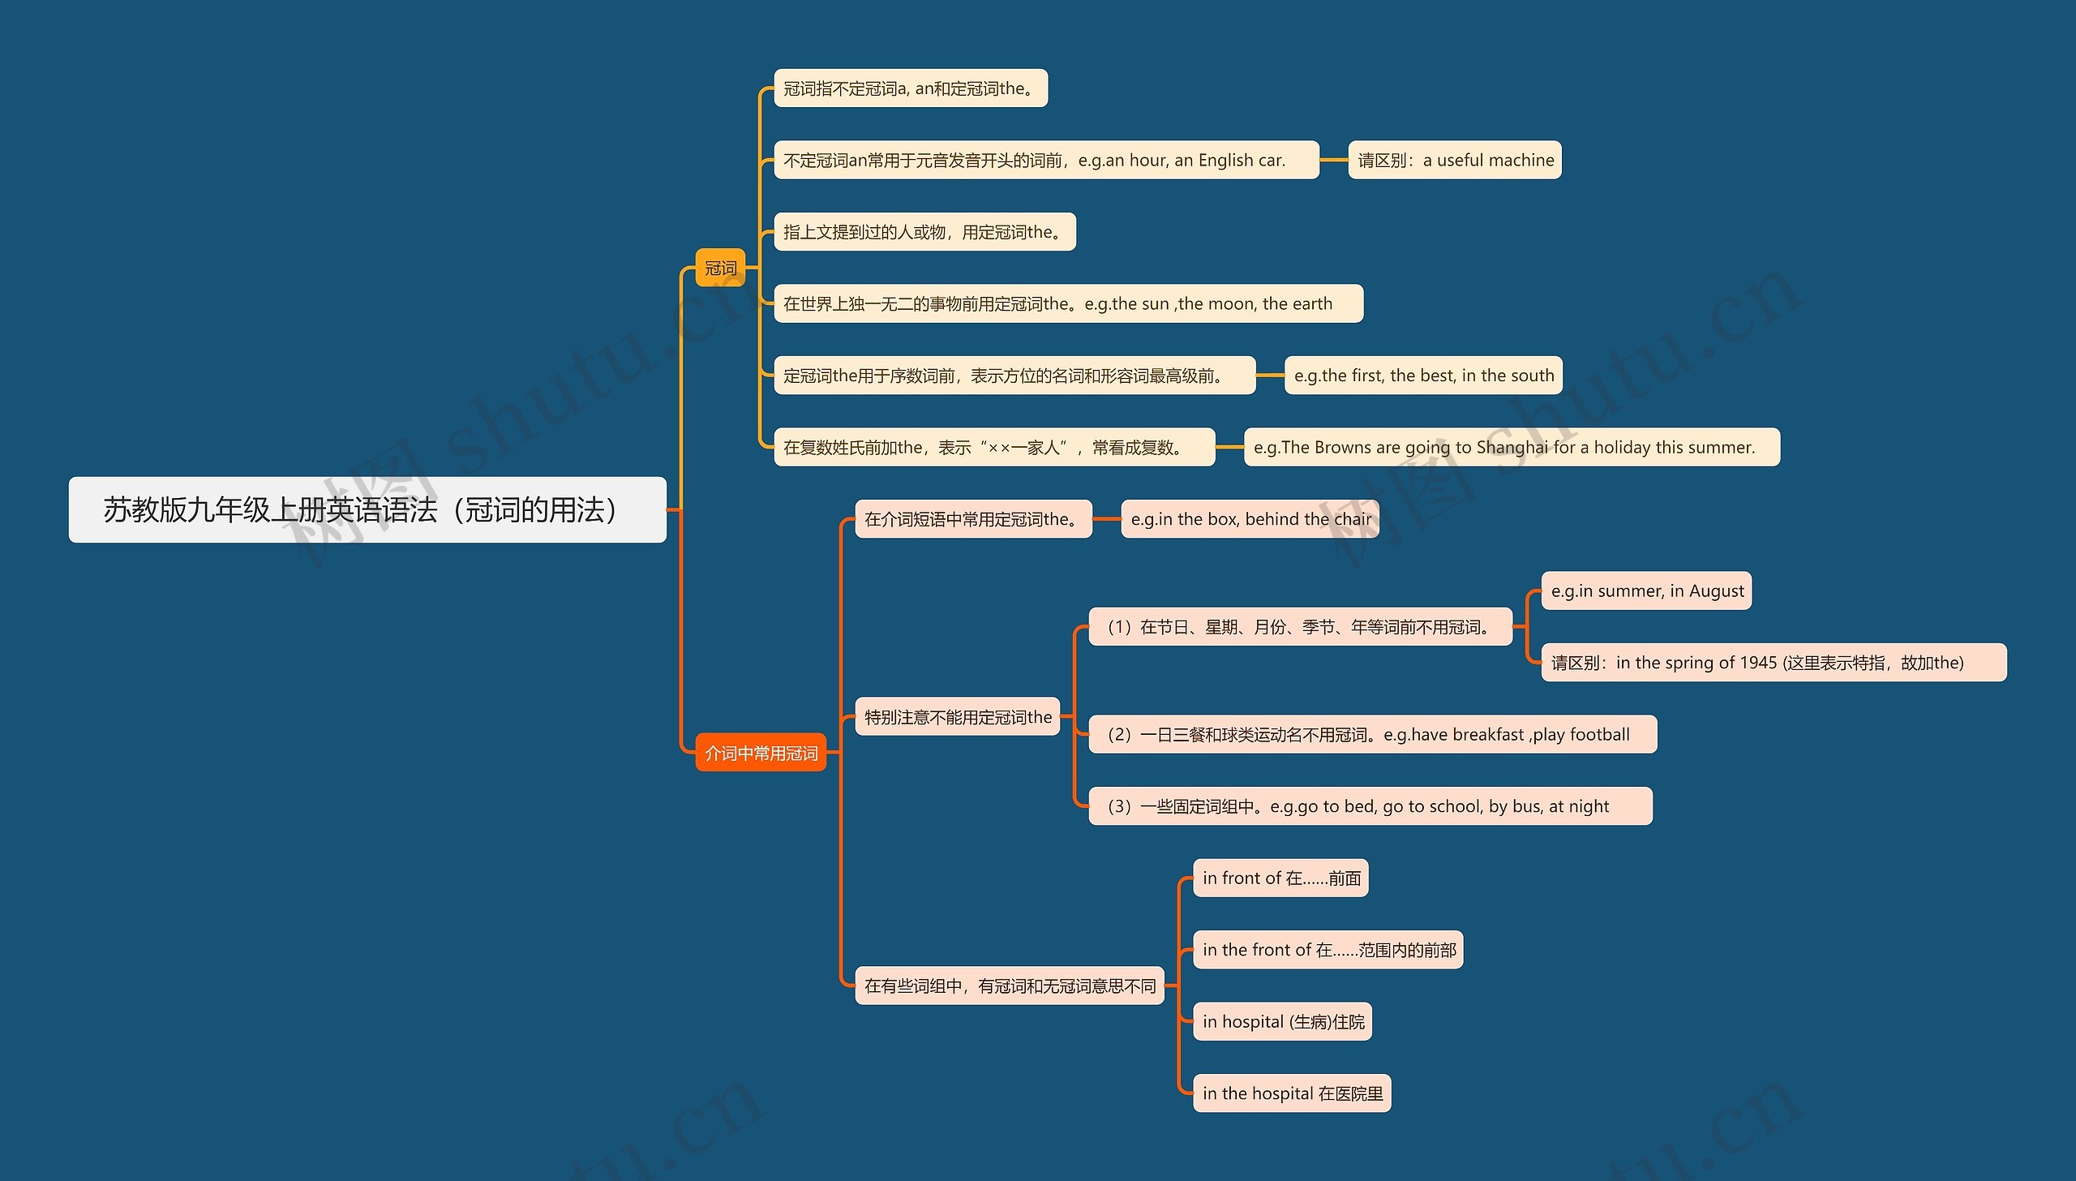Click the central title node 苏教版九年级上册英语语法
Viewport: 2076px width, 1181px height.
point(367,509)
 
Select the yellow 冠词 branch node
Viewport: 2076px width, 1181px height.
point(720,268)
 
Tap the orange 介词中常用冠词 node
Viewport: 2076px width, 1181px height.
point(761,753)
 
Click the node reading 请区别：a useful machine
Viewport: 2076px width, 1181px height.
point(1455,160)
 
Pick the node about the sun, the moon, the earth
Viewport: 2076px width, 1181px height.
point(1068,303)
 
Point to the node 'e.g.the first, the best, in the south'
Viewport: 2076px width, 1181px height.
point(1423,376)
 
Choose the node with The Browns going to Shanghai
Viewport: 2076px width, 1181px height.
point(1512,447)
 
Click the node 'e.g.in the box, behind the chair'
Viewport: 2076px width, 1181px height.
point(1250,519)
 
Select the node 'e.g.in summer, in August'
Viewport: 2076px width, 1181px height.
point(1646,590)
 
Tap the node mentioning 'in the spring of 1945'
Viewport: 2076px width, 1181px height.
point(1774,663)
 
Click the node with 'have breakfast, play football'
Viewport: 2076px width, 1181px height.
point(1372,734)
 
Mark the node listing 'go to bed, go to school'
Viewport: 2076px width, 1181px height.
point(1370,806)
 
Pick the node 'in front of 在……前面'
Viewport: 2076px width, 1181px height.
point(1280,878)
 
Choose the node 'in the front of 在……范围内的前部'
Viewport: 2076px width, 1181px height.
point(1328,950)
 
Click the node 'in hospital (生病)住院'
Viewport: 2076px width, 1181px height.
point(1282,1021)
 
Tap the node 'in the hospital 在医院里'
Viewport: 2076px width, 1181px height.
point(1292,1093)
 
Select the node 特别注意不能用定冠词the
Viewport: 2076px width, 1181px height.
point(957,717)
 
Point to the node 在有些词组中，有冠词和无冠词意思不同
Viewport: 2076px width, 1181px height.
point(1010,986)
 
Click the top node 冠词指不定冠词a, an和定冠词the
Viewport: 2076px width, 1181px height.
point(911,88)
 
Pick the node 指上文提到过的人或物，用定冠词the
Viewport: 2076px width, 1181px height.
point(924,232)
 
